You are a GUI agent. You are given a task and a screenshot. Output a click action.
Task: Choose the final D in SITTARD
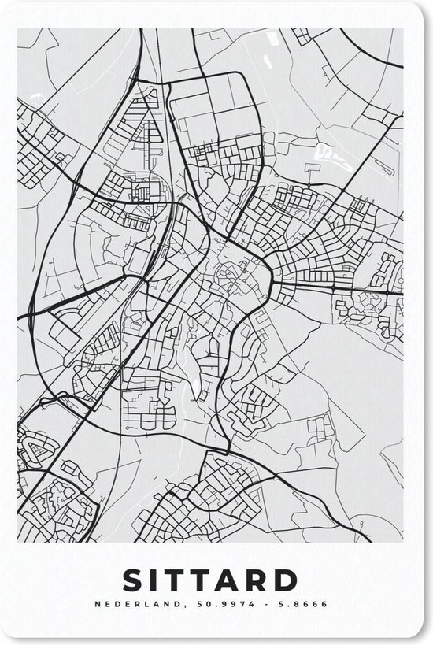302,580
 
